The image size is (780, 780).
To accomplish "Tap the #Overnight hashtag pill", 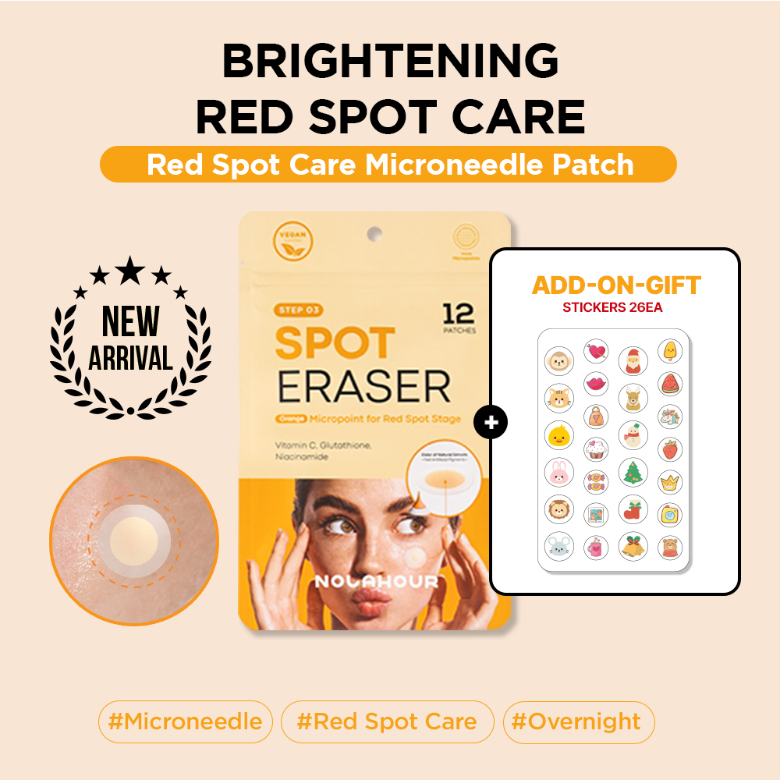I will [x=578, y=721].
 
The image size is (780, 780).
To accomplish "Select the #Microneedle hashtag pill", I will [x=185, y=721].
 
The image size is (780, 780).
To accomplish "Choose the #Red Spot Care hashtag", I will [x=387, y=721].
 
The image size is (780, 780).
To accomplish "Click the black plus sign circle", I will [x=491, y=423].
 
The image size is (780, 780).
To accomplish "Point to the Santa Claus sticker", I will [x=633, y=360].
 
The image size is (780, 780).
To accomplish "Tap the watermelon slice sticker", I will [x=670, y=383].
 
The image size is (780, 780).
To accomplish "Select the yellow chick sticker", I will [x=558, y=434].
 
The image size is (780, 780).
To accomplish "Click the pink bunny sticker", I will [x=558, y=471].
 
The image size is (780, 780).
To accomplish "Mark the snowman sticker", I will [x=633, y=434].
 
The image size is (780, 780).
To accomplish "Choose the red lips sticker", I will [x=596, y=383].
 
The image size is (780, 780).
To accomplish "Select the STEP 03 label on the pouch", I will [x=300, y=310].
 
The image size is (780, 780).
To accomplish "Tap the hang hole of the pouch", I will [x=375, y=232].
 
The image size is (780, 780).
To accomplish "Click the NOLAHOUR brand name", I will [x=375, y=581].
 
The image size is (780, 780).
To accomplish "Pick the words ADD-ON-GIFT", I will [x=616, y=285].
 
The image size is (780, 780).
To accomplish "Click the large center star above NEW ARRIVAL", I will [x=130, y=271].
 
